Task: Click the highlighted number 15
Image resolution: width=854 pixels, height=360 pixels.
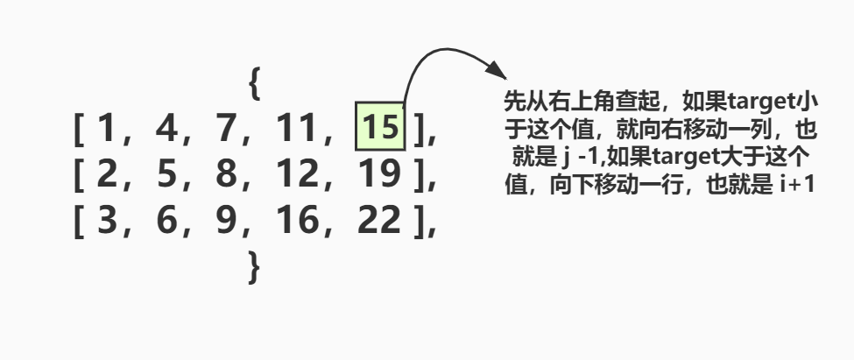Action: (x=379, y=129)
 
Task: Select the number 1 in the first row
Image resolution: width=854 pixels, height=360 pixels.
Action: (x=106, y=131)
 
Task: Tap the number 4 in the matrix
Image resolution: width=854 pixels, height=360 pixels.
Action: (x=165, y=131)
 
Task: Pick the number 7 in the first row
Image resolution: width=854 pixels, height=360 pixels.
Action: (x=227, y=131)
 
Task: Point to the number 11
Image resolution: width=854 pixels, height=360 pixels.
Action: (x=295, y=131)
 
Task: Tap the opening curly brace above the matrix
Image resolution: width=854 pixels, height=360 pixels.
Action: (x=255, y=85)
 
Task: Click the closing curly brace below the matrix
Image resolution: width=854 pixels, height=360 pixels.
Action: (x=255, y=265)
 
